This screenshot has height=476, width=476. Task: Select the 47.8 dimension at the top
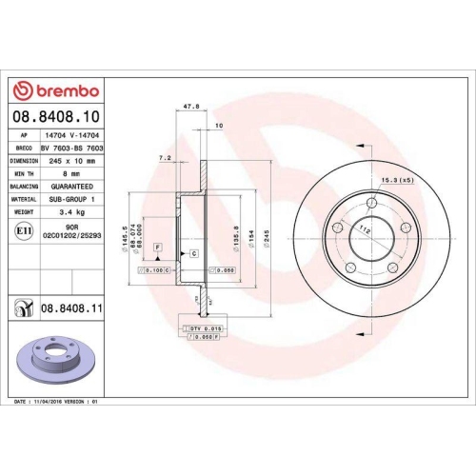[x=191, y=108]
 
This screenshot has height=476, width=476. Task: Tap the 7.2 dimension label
[x=164, y=156]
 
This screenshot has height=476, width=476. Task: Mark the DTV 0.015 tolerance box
[x=201, y=327]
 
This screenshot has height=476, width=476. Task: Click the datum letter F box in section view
[x=158, y=248]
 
